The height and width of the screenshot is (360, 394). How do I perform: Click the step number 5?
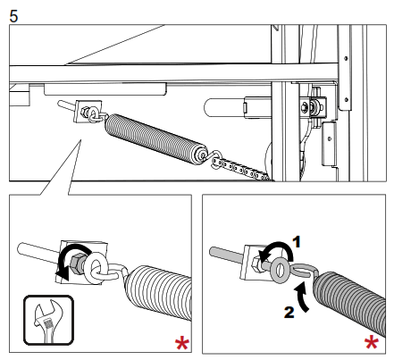(x=13, y=16)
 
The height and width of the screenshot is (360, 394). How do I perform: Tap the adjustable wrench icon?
(x=48, y=320)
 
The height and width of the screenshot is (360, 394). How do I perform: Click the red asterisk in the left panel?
(x=182, y=344)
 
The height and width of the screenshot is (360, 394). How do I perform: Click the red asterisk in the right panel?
(x=372, y=343)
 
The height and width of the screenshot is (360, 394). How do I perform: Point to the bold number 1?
(x=297, y=242)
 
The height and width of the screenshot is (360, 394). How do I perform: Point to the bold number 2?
(x=289, y=313)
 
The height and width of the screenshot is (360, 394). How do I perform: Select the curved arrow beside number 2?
(x=302, y=297)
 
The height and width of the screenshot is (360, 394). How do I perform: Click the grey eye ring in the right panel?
(x=279, y=271)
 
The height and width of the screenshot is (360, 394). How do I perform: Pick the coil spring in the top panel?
(x=155, y=138)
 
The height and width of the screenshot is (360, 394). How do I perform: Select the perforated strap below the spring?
(x=241, y=170)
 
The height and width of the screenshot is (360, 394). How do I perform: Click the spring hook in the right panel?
(x=306, y=271)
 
